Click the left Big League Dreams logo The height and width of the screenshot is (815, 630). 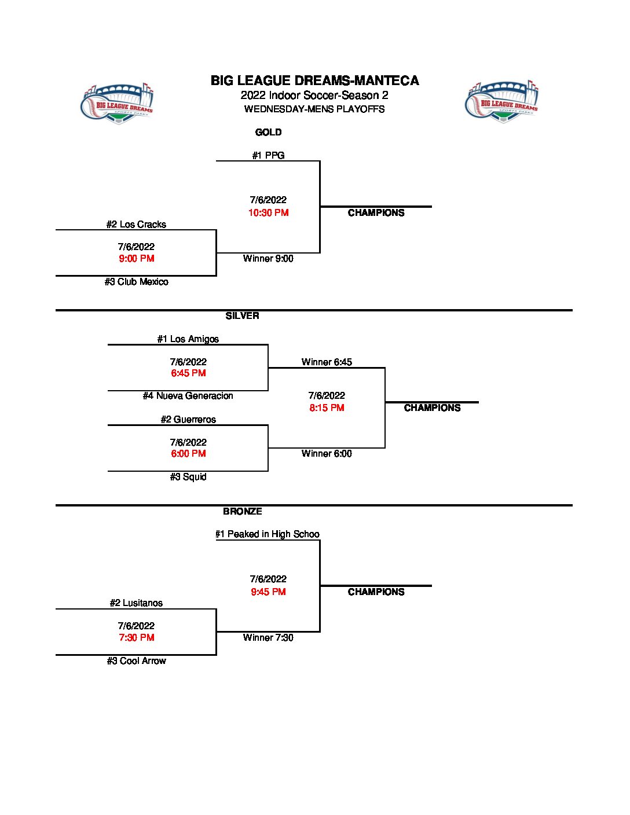pyautogui.click(x=117, y=104)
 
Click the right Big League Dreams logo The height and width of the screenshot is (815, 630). pyautogui.click(x=502, y=102)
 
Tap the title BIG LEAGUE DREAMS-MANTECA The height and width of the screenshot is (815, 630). pyautogui.click(x=314, y=80)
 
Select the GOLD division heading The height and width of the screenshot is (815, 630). pyautogui.click(x=268, y=133)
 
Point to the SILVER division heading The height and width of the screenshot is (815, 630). pyautogui.click(x=242, y=316)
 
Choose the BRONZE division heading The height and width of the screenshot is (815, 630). pyautogui.click(x=242, y=512)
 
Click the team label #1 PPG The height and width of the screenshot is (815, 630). pyautogui.click(x=268, y=155)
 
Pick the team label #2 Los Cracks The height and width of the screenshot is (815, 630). pyautogui.click(x=136, y=225)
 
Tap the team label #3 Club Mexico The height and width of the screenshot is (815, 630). pyautogui.click(x=136, y=282)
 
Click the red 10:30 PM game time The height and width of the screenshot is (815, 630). pyautogui.click(x=268, y=213)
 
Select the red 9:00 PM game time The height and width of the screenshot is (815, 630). pyautogui.click(x=136, y=259)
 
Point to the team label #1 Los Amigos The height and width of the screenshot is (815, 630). pyautogui.click(x=188, y=339)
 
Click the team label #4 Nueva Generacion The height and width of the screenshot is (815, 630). pyautogui.click(x=188, y=396)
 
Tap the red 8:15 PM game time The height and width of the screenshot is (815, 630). pyautogui.click(x=327, y=408)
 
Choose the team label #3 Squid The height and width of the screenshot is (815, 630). pyautogui.click(x=188, y=477)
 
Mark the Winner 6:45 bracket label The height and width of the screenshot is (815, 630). pyautogui.click(x=327, y=362)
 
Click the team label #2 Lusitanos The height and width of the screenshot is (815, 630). pyautogui.click(x=136, y=603)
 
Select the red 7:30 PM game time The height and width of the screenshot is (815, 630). pyautogui.click(x=136, y=638)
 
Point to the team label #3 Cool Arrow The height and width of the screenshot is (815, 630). pyautogui.click(x=136, y=661)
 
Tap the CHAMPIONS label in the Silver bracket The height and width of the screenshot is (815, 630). pyautogui.click(x=432, y=408)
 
